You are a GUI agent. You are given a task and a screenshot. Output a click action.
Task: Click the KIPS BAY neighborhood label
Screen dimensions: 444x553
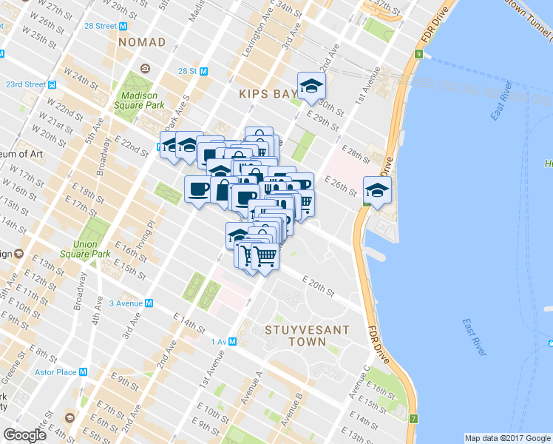point(266,94)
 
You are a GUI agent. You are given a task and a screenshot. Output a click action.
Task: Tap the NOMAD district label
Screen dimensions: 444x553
point(141,42)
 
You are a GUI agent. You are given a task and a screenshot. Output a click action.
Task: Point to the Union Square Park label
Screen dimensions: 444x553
point(92,249)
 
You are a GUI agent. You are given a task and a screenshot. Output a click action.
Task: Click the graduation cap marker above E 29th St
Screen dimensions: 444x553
point(311,86)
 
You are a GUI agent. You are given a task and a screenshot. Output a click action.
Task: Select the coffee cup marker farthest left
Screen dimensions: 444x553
point(197,189)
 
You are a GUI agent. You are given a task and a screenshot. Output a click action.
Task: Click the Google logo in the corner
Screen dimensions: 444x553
point(24,435)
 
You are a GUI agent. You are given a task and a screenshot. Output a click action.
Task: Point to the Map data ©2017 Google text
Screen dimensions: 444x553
point(507,437)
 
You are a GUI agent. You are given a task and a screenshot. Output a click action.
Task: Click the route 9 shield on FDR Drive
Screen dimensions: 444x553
point(418,54)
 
